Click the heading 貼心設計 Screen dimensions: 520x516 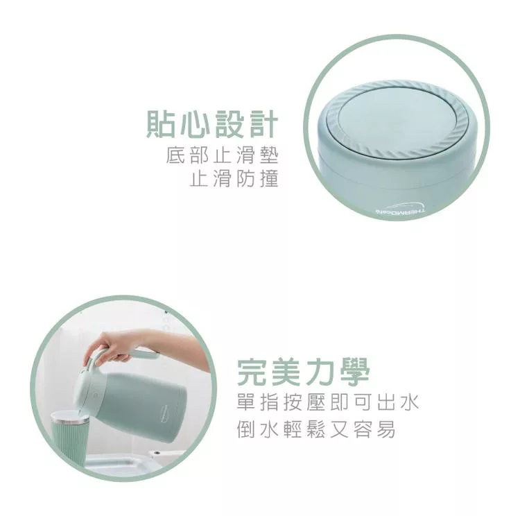point(212,124)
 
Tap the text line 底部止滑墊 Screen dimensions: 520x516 point(222,155)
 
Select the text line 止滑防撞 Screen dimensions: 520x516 point(234,178)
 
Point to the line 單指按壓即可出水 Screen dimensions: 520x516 point(328,402)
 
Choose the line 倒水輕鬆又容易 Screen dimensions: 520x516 point(316,429)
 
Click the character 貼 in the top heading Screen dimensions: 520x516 point(161,124)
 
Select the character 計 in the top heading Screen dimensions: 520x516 point(263,124)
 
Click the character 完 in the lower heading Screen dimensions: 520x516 point(252,372)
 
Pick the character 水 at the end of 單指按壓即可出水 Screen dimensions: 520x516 point(410,402)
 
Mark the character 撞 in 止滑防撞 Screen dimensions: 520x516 point(269,178)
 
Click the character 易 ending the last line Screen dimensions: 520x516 point(386,429)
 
